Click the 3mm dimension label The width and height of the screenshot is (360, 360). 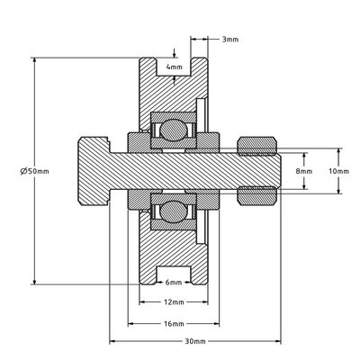(x=229, y=40)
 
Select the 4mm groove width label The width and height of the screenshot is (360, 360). (x=175, y=67)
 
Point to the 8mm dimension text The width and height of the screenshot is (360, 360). (x=303, y=170)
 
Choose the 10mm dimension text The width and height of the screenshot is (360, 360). (x=337, y=170)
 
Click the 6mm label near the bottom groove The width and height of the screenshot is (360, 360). (x=175, y=282)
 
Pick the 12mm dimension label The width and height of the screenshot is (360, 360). (x=175, y=302)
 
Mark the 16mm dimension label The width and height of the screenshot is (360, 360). (x=175, y=323)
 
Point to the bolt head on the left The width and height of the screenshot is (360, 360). (x=94, y=170)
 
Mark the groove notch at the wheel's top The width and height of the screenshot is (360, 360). (x=175, y=64)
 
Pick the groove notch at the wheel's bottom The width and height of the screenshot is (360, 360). (x=175, y=274)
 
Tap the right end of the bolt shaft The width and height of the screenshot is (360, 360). (x=274, y=170)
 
